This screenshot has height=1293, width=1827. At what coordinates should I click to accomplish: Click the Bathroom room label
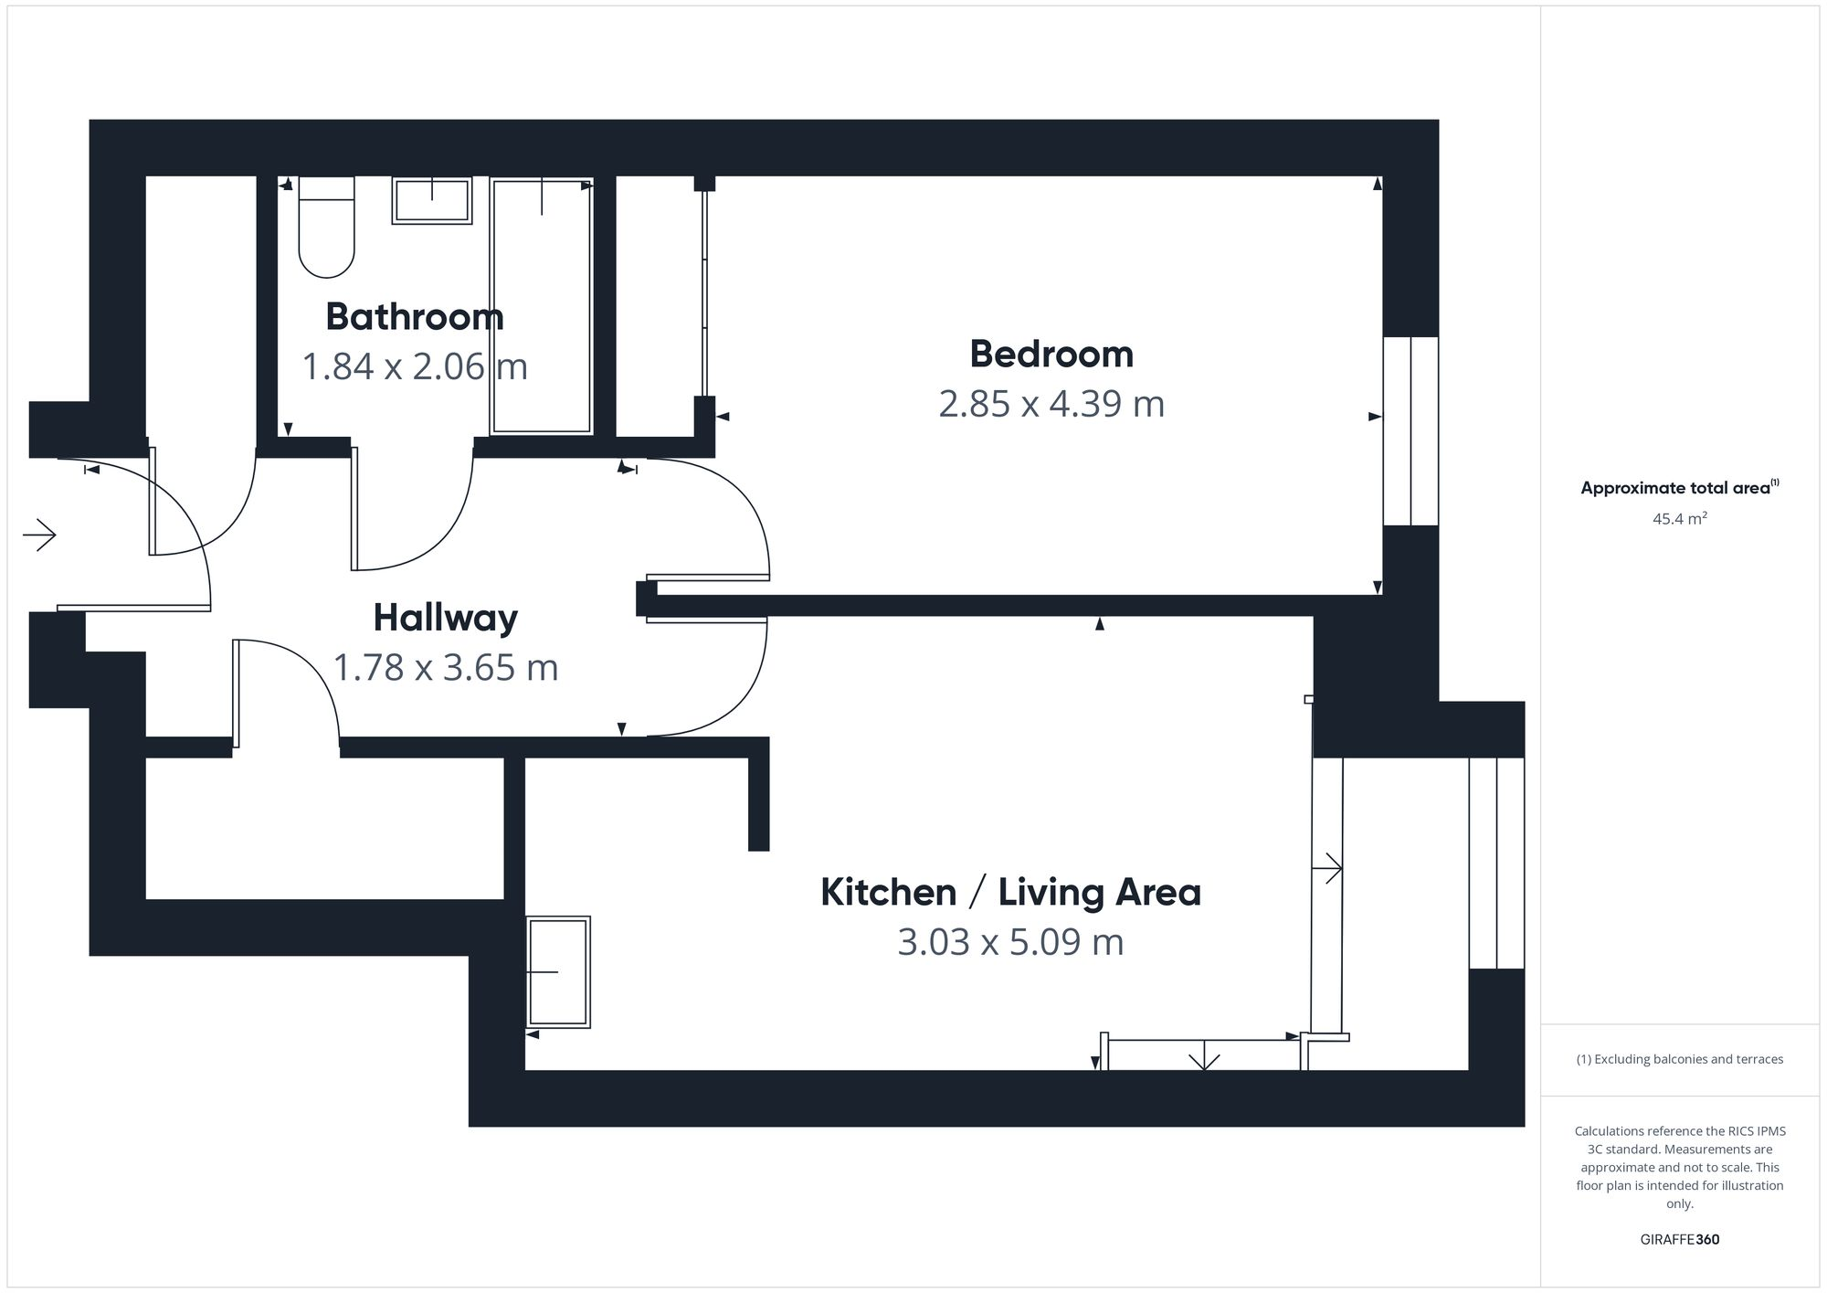[415, 317]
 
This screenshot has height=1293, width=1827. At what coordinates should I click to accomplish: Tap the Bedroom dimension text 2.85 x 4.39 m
[1051, 404]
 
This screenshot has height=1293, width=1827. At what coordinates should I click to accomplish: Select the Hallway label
[445, 618]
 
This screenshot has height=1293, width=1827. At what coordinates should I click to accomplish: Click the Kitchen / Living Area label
[1010, 892]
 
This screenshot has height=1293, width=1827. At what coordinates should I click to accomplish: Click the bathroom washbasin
[432, 200]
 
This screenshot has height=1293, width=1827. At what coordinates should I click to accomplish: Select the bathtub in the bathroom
[542, 306]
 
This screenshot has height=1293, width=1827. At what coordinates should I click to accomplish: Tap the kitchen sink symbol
[558, 971]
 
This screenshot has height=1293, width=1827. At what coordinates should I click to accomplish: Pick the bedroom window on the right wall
[1410, 431]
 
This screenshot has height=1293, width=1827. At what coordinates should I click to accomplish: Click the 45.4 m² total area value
[1679, 519]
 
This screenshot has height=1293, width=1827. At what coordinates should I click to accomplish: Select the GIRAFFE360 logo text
[1679, 1240]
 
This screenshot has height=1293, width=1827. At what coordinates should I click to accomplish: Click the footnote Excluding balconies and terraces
[1679, 1059]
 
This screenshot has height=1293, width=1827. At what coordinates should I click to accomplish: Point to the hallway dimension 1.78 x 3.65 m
[445, 668]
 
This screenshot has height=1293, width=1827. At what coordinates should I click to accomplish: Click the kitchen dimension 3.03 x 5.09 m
[1010, 942]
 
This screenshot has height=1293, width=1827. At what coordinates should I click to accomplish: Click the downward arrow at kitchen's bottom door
[1205, 1057]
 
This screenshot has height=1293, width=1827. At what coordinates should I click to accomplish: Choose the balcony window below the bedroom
[1496, 863]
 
